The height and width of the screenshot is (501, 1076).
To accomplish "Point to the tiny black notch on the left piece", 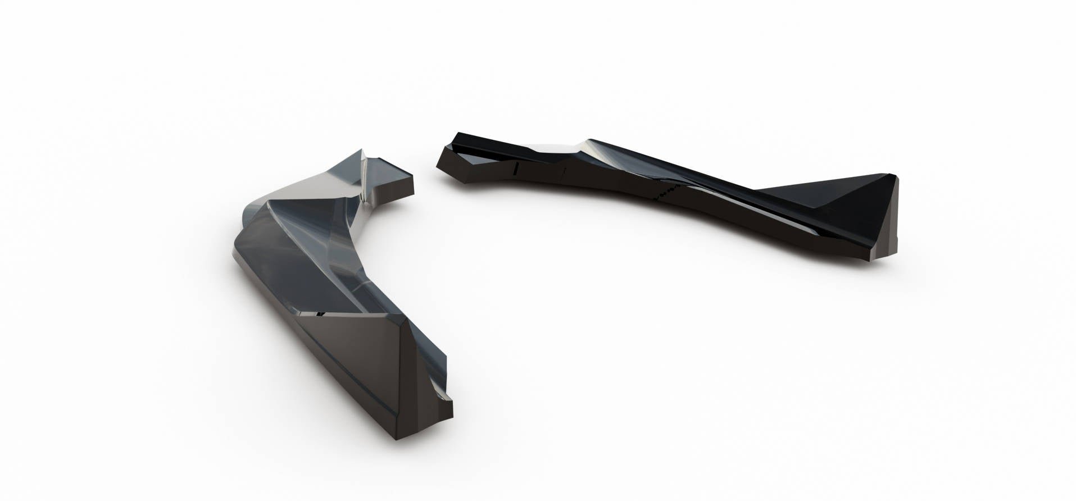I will [x=319, y=313].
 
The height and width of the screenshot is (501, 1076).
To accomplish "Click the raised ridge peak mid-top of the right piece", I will [x=589, y=140].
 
